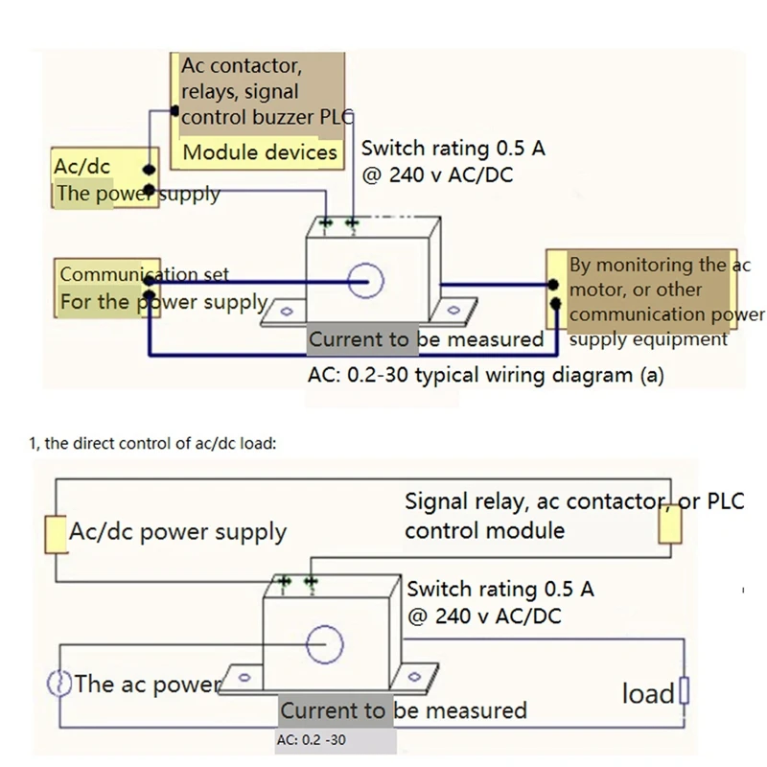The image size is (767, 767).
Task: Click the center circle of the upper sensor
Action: coord(365,281)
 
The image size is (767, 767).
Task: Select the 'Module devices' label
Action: coord(260,152)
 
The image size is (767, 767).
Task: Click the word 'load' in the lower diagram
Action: coord(648,693)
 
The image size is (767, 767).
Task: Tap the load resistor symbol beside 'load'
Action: coord(684,690)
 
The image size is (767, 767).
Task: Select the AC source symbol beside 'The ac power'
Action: coord(58,684)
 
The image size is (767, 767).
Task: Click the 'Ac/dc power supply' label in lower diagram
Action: coord(177,532)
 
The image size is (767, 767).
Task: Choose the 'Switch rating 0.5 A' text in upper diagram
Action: coord(453,149)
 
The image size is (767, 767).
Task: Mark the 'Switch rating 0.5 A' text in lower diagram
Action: coord(500,589)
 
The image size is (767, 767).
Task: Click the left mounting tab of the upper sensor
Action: coord(285,311)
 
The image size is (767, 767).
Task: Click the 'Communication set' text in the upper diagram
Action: coord(144,274)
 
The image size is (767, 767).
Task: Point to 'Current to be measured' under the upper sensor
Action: coord(426,339)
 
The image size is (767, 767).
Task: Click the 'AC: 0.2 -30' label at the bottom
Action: coord(311,740)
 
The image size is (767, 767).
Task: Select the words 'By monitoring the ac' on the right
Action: coord(660,265)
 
